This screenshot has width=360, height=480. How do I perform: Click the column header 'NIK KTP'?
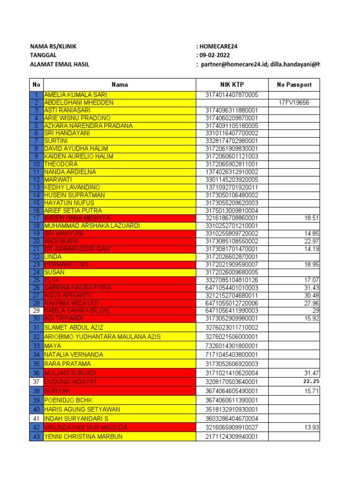(x=232, y=85)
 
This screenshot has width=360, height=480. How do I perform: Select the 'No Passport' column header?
(x=294, y=85)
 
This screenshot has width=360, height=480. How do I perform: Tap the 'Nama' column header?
(x=120, y=85)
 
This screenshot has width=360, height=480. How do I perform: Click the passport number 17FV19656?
(x=294, y=103)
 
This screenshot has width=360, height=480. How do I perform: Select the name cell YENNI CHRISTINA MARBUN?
(x=83, y=436)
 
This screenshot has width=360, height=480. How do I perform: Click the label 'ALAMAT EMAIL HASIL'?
(x=60, y=64)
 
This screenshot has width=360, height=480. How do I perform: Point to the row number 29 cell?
(x=36, y=311)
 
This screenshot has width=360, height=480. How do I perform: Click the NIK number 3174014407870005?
(x=232, y=95)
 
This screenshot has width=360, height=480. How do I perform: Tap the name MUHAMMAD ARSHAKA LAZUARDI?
(x=92, y=226)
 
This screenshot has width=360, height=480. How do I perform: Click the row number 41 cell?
(x=36, y=418)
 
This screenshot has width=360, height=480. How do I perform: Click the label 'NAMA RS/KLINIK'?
(x=53, y=46)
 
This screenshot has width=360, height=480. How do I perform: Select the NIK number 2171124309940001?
(x=232, y=436)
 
